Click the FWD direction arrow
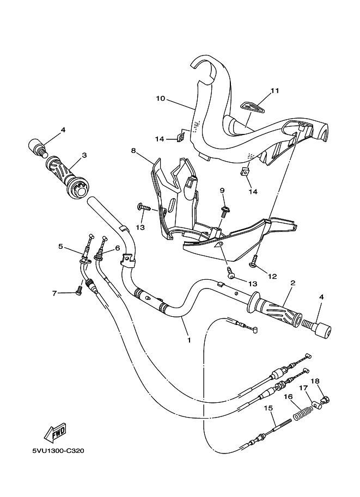[55, 433]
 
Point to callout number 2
[292, 283]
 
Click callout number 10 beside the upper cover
[145, 99]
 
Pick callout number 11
[274, 90]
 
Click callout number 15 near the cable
[268, 408]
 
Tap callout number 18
[315, 381]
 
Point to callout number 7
[54, 293]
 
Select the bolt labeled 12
[254, 265]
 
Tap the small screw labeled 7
[79, 291]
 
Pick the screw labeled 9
[224, 209]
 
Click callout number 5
[61, 246]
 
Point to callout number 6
[118, 248]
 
